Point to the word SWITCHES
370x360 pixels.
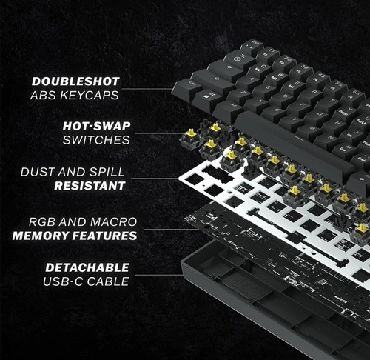[95, 139]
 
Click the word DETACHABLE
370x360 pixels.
[87, 267]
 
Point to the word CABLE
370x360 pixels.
[109, 281]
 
